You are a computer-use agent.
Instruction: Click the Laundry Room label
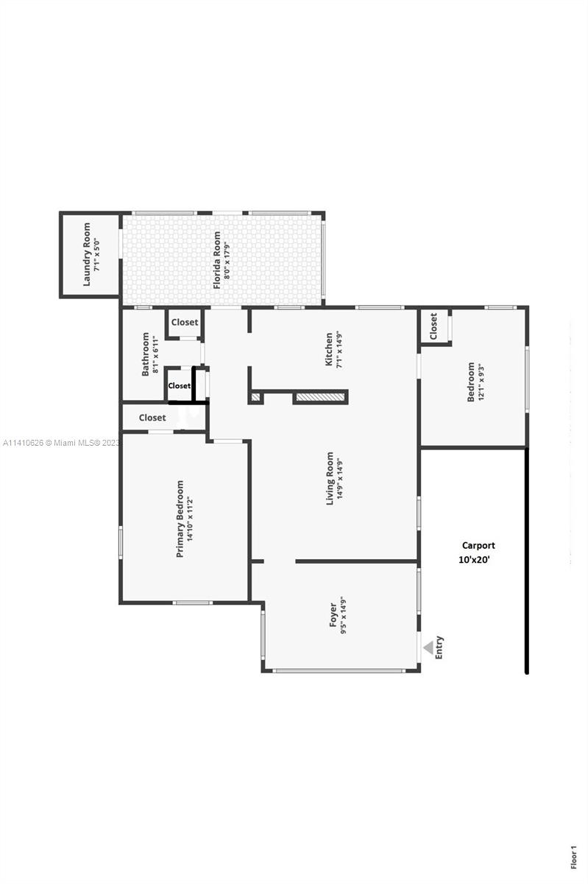coord(86,254)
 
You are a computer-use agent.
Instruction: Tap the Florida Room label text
coord(217,260)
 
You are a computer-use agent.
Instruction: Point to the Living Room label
coord(330,478)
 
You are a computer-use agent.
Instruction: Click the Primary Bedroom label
coord(180,519)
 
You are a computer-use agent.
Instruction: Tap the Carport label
coord(478,545)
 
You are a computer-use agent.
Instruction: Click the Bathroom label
coord(145,354)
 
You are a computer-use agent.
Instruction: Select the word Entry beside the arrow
coord(439,648)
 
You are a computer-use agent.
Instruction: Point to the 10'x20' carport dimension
coord(474,560)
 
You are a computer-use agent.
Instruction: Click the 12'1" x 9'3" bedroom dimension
coord(480,382)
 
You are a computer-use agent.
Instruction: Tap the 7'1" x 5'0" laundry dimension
coord(96,255)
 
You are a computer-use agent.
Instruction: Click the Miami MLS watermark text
coord(61,443)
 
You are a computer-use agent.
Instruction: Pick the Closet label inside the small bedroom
coord(433,326)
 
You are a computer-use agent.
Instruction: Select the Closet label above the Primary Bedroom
coord(152,418)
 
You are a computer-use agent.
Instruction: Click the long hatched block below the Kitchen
coord(320,397)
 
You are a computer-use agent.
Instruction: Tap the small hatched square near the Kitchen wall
coord(255,397)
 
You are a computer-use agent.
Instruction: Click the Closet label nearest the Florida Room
coord(185,322)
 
